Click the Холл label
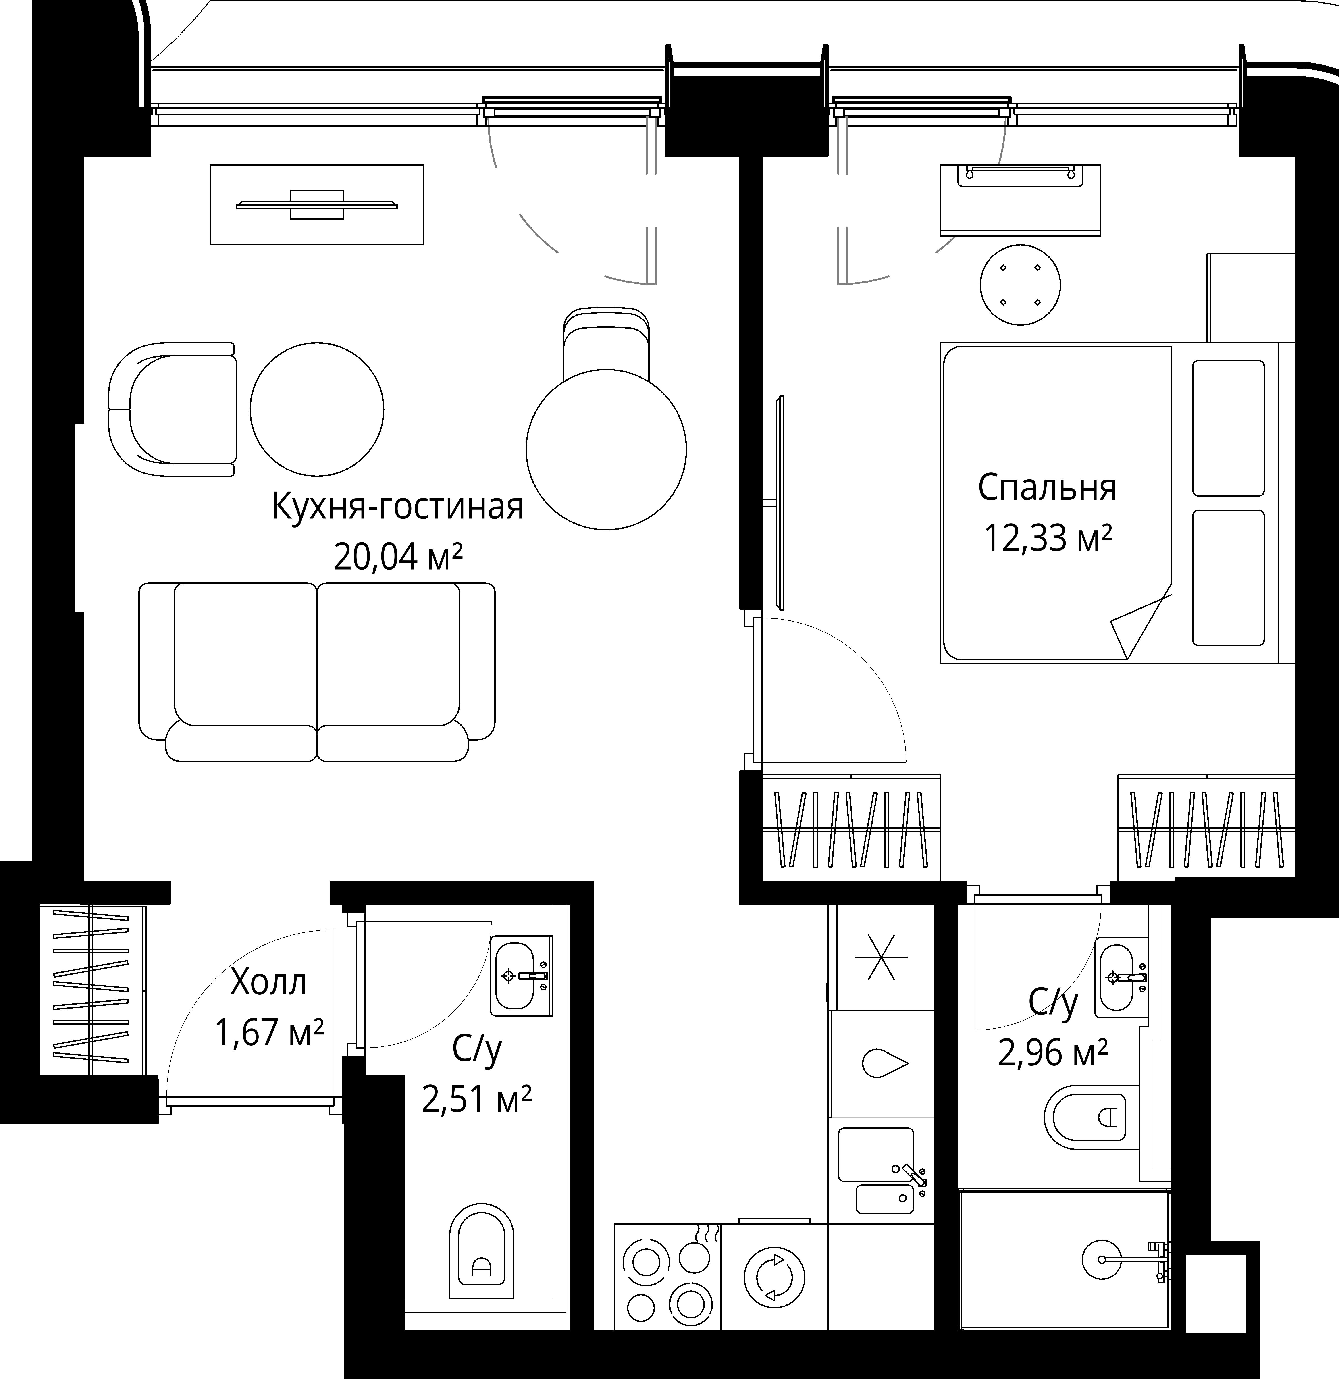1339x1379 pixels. click(269, 983)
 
